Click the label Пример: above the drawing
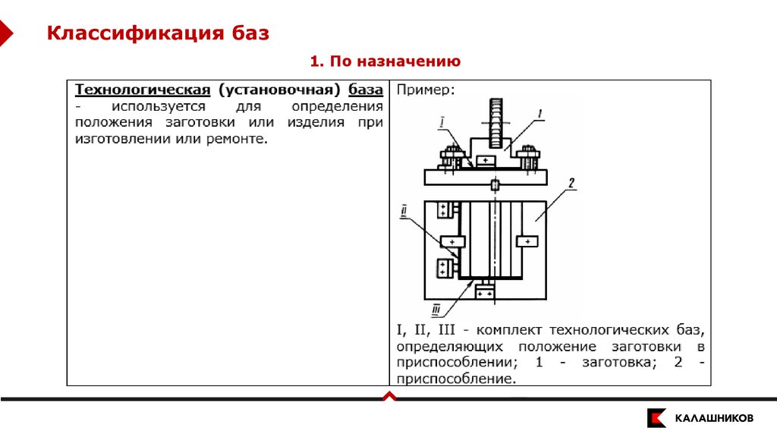(425, 90)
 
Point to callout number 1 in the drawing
(539, 114)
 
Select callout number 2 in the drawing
(571, 183)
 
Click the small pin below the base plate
(495, 185)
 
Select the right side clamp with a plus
(527, 241)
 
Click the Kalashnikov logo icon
(656, 418)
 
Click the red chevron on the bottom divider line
(388, 396)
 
